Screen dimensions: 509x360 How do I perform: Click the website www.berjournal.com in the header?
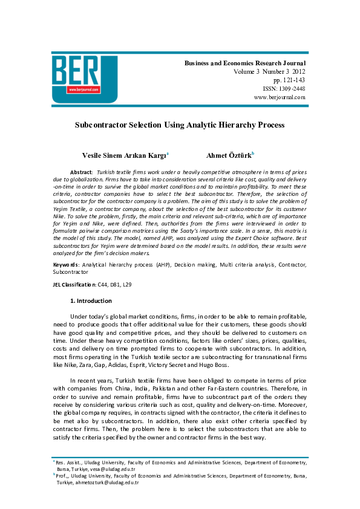[x=280, y=97]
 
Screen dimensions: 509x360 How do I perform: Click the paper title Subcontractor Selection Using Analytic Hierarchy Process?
[x=179, y=125]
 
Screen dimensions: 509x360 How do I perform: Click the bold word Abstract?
[x=81, y=172]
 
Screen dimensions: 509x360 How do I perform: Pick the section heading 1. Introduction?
[x=91, y=300]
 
